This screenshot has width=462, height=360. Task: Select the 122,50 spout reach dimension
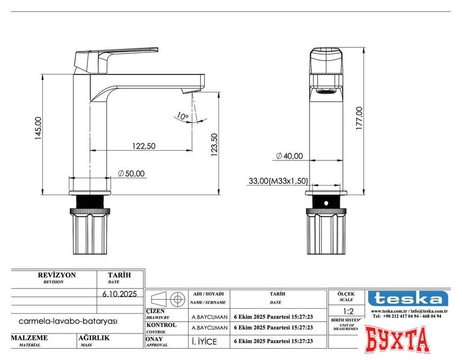(x=143, y=146)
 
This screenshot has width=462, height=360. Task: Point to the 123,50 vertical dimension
(x=214, y=145)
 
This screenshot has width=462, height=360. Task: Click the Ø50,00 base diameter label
(x=131, y=173)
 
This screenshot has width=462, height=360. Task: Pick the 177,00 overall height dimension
(x=359, y=119)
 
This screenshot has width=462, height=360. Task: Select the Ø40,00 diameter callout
(x=289, y=156)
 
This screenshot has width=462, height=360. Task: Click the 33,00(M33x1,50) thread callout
(x=278, y=181)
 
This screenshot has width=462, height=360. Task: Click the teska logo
(x=408, y=298)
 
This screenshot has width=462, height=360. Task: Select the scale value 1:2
(x=348, y=312)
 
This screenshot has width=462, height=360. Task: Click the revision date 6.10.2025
(x=119, y=294)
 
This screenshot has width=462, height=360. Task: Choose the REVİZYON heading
(x=56, y=275)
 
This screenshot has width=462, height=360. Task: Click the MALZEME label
(x=29, y=338)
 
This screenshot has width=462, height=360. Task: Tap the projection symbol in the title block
(x=167, y=298)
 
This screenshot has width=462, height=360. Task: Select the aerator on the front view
(x=324, y=92)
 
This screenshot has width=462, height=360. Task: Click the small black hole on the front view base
(x=325, y=202)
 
